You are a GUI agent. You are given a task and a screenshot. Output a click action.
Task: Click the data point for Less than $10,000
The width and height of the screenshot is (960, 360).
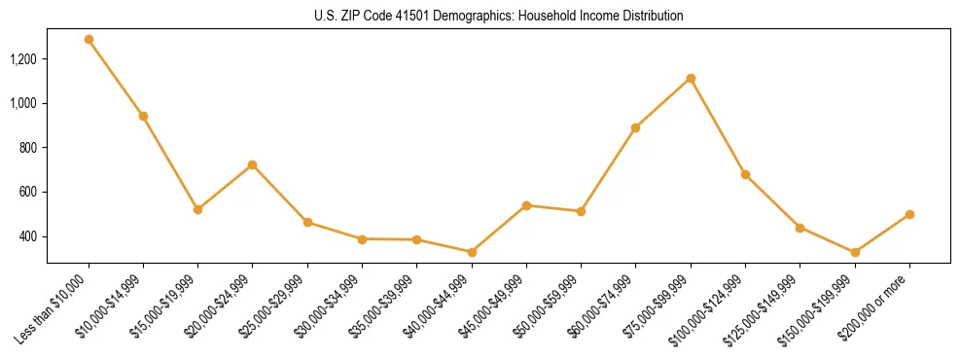(89, 40)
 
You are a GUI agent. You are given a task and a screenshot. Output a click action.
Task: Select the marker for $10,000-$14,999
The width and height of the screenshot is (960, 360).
(143, 116)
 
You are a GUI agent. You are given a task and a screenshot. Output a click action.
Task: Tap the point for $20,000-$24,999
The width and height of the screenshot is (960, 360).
(253, 164)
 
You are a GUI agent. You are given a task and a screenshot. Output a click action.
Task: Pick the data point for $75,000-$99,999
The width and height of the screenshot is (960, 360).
(691, 78)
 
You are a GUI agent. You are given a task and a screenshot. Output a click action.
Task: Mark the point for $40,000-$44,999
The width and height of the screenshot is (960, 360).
(472, 252)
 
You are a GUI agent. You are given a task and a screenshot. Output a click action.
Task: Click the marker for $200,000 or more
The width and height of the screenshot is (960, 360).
(909, 214)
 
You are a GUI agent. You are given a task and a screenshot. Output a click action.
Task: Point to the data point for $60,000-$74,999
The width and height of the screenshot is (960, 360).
(636, 127)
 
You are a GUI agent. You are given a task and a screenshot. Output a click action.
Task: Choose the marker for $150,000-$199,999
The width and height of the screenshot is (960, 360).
(855, 252)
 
